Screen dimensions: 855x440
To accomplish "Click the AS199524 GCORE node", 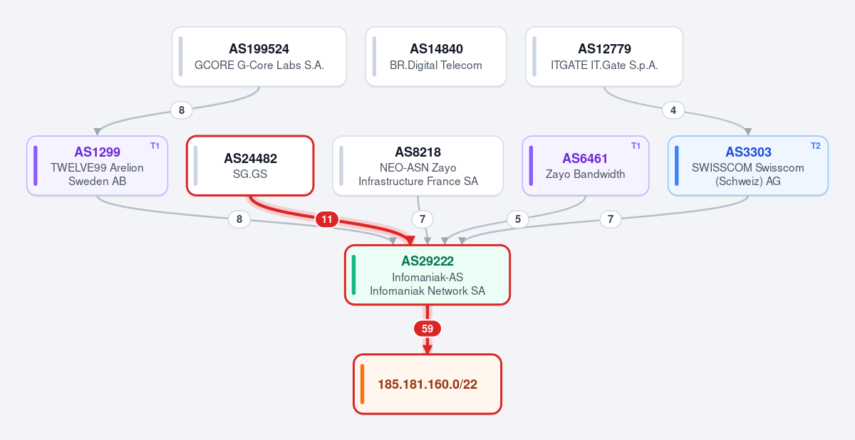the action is click(x=259, y=56).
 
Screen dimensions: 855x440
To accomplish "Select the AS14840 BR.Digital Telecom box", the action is click(x=436, y=56).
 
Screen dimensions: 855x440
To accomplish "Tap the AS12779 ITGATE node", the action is click(x=604, y=56).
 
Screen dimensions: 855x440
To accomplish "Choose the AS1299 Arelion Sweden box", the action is click(x=98, y=166).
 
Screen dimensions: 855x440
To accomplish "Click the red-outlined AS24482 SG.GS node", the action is click(x=250, y=166).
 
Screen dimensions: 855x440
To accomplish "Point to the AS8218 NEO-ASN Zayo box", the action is click(x=418, y=166).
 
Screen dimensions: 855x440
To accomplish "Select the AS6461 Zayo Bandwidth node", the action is click(x=586, y=166).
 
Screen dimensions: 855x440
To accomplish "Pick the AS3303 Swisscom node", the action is click(x=748, y=166).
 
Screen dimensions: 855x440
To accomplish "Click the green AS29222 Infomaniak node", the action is click(x=427, y=275).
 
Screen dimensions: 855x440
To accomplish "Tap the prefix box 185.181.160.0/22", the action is click(x=427, y=384).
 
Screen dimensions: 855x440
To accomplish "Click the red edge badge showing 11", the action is click(x=327, y=219).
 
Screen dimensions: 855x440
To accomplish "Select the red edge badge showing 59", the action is click(x=427, y=328).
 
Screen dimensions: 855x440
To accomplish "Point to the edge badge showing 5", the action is click(x=518, y=219).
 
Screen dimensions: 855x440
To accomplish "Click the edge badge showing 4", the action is click(x=673, y=110).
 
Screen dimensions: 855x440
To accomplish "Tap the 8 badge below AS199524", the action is click(x=182, y=110).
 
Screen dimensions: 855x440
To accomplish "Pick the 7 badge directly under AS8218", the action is click(x=423, y=219).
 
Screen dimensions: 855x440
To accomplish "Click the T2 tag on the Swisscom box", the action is click(x=816, y=146).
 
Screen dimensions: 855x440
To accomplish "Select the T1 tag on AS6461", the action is click(x=636, y=146).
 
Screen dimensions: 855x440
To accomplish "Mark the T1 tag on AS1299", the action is click(x=155, y=146).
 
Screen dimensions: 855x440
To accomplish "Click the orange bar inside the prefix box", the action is click(x=362, y=384).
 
